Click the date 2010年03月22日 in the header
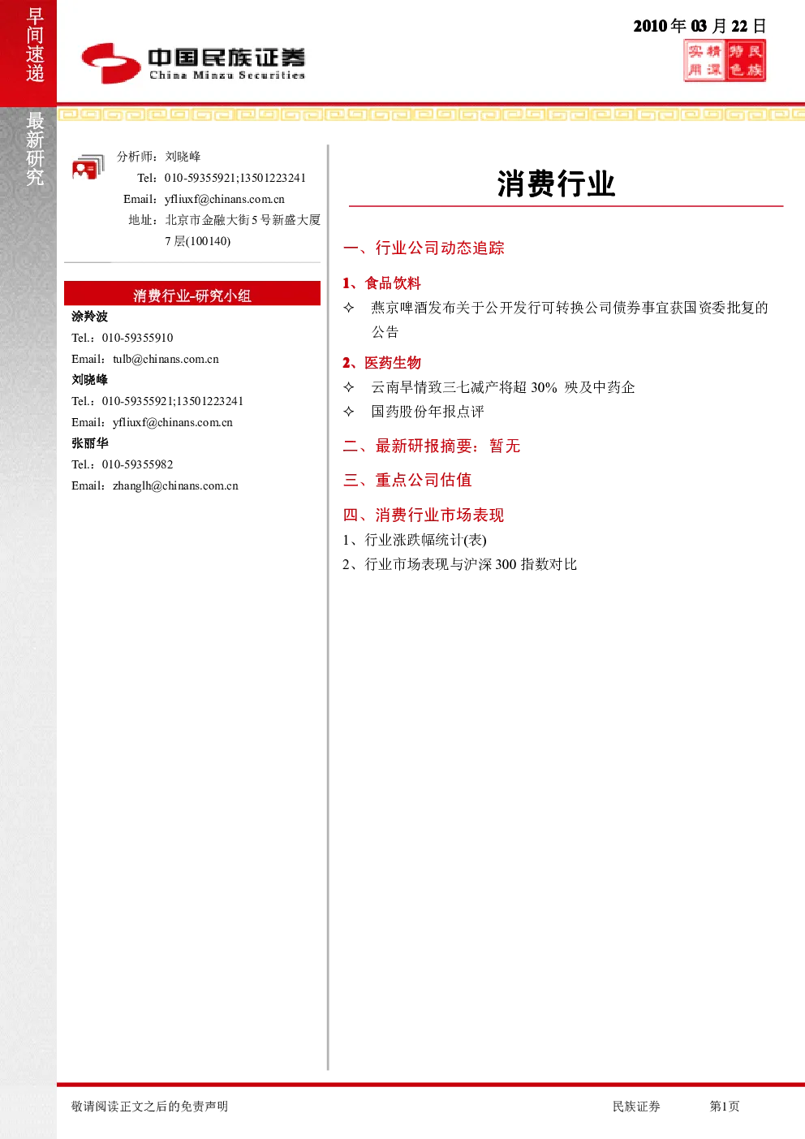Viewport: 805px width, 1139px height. pyautogui.click(x=700, y=26)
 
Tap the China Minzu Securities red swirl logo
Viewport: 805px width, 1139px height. pyautogui.click(x=111, y=63)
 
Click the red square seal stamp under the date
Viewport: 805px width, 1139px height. pyautogui.click(x=725, y=61)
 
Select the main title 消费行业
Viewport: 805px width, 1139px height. pyautogui.click(x=556, y=183)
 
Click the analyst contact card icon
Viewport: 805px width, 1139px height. pyautogui.click(x=88, y=167)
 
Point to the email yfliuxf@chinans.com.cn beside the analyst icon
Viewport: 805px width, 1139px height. pyautogui.click(x=224, y=199)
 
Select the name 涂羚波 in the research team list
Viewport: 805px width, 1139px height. pyautogui.click(x=89, y=317)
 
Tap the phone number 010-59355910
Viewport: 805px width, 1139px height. pyautogui.click(x=137, y=338)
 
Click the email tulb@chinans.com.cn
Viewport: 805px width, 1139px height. pyautogui.click(x=166, y=359)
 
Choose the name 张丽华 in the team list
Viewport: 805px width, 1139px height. pyautogui.click(x=89, y=443)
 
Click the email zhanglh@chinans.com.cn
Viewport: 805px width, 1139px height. pyautogui.click(x=175, y=485)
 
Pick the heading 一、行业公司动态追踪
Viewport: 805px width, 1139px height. pyautogui.click(x=424, y=248)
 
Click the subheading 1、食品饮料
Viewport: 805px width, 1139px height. pyautogui.click(x=381, y=283)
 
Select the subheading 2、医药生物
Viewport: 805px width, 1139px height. pyautogui.click(x=381, y=363)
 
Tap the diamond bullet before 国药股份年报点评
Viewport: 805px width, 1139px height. pyautogui.click(x=349, y=412)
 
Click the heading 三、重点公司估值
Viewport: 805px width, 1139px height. pyautogui.click(x=407, y=480)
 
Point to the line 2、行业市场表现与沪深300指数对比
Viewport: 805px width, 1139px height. pyautogui.click(x=459, y=564)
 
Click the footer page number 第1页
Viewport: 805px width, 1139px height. pyautogui.click(x=724, y=1106)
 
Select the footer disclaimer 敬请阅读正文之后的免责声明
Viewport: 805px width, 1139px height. pyautogui.click(x=149, y=1106)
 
